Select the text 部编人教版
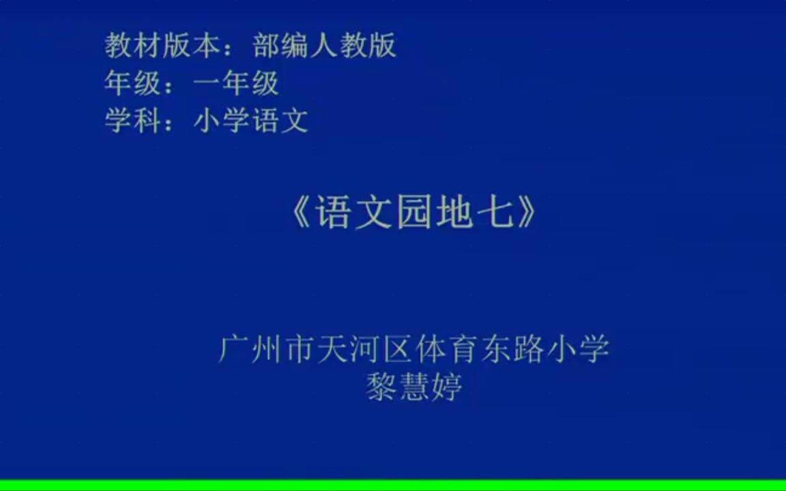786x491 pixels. pos(324,46)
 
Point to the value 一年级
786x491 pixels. pos(236,83)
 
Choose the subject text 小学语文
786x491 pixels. pos(251,121)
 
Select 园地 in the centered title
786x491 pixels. pos(433,213)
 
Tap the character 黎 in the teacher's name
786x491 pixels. pos(381,387)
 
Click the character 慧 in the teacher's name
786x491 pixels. pos(413,387)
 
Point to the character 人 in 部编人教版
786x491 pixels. pos(324,46)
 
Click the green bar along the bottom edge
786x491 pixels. pos(393,486)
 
